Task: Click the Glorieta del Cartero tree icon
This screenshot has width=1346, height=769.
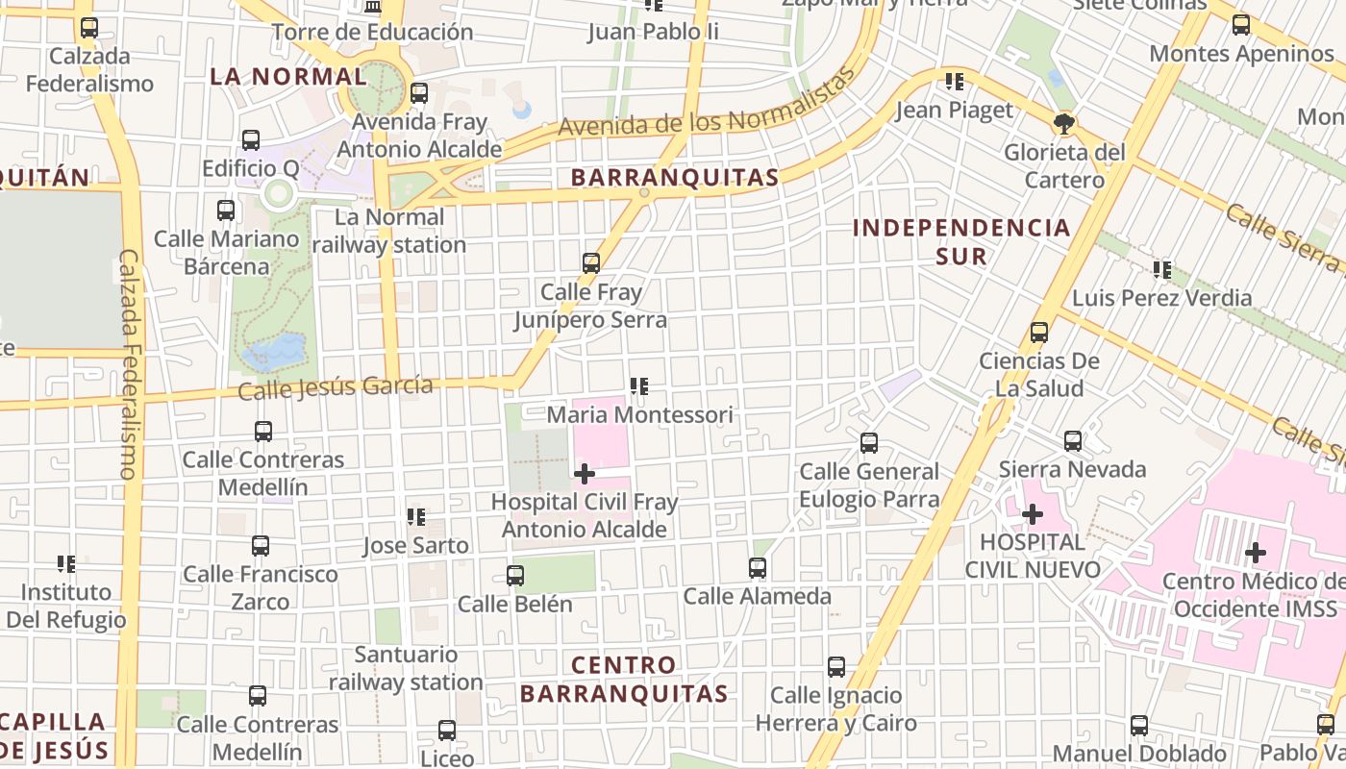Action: tap(1064, 124)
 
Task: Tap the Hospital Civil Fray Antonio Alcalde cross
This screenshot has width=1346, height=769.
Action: tap(584, 474)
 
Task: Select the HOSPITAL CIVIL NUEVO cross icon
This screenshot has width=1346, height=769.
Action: tap(1033, 514)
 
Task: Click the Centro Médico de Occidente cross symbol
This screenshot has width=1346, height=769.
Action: tap(1255, 553)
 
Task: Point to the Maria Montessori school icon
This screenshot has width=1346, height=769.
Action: tap(639, 386)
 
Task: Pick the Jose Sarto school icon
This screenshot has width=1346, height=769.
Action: tap(416, 517)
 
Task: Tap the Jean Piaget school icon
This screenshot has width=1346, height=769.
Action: tap(955, 82)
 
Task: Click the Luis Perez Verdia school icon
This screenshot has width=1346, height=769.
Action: tap(1162, 270)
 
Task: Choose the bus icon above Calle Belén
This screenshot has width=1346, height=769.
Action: tap(515, 576)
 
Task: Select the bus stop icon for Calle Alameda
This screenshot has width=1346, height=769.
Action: tap(758, 568)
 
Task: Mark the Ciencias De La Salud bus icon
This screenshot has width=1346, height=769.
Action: tap(1039, 333)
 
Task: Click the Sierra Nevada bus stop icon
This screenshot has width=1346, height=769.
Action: tap(1073, 441)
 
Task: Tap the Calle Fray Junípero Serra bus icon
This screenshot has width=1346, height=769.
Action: tap(591, 262)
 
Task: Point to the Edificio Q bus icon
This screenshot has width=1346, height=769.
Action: tap(251, 140)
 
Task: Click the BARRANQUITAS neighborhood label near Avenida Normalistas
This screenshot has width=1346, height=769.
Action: tap(674, 178)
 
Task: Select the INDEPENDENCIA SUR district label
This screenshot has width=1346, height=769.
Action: tap(961, 241)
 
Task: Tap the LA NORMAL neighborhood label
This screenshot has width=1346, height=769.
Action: tap(288, 76)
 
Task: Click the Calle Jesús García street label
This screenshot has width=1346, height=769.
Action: tap(336, 387)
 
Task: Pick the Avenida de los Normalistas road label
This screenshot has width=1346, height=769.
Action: tap(707, 113)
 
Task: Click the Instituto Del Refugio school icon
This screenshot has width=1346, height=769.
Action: tap(66, 564)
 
